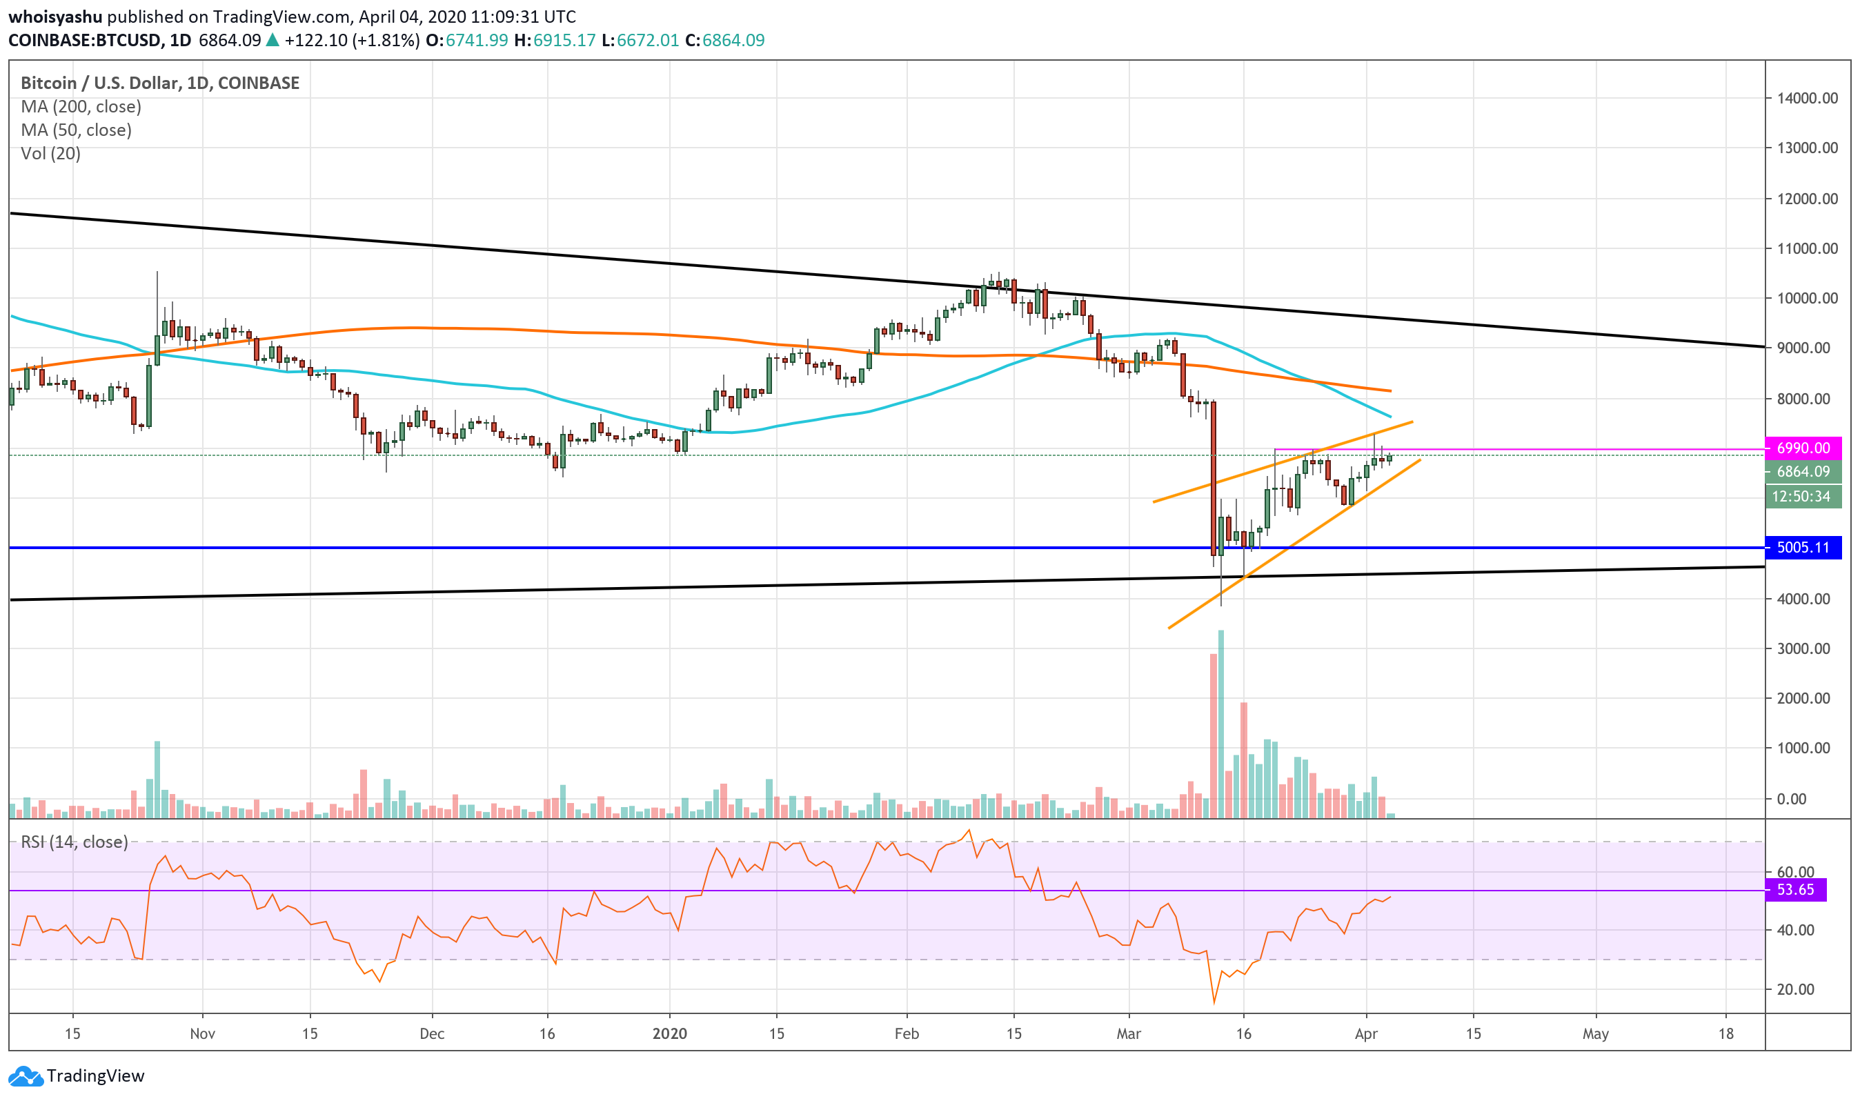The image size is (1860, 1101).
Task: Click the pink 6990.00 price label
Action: click(x=1802, y=448)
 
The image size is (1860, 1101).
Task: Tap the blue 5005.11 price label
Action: click(x=1802, y=548)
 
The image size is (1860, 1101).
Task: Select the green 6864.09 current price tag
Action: click(x=1802, y=471)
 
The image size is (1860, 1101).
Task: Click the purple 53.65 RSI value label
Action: click(x=1794, y=889)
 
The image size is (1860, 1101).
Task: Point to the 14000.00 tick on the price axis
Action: click(x=1808, y=98)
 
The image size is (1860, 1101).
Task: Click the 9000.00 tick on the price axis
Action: click(x=1808, y=348)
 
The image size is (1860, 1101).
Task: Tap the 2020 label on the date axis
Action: click(x=669, y=1033)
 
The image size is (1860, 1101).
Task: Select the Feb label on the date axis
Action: click(x=906, y=1033)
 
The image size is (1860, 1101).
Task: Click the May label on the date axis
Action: click(x=1595, y=1033)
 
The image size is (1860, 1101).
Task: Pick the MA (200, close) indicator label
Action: click(x=81, y=107)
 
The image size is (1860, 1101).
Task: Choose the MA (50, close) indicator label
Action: click(x=77, y=130)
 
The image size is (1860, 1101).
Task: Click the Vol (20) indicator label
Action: click(x=50, y=154)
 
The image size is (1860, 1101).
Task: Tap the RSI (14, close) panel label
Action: click(x=75, y=842)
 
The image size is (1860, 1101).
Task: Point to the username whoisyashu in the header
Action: click(x=55, y=17)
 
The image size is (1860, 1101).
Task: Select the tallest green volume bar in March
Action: click(x=1220, y=724)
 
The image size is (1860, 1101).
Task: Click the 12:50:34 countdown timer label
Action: click(x=1801, y=496)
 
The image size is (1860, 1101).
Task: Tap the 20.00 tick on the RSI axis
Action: click(x=1795, y=989)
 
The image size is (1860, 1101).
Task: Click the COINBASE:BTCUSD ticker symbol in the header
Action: click(x=85, y=40)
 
